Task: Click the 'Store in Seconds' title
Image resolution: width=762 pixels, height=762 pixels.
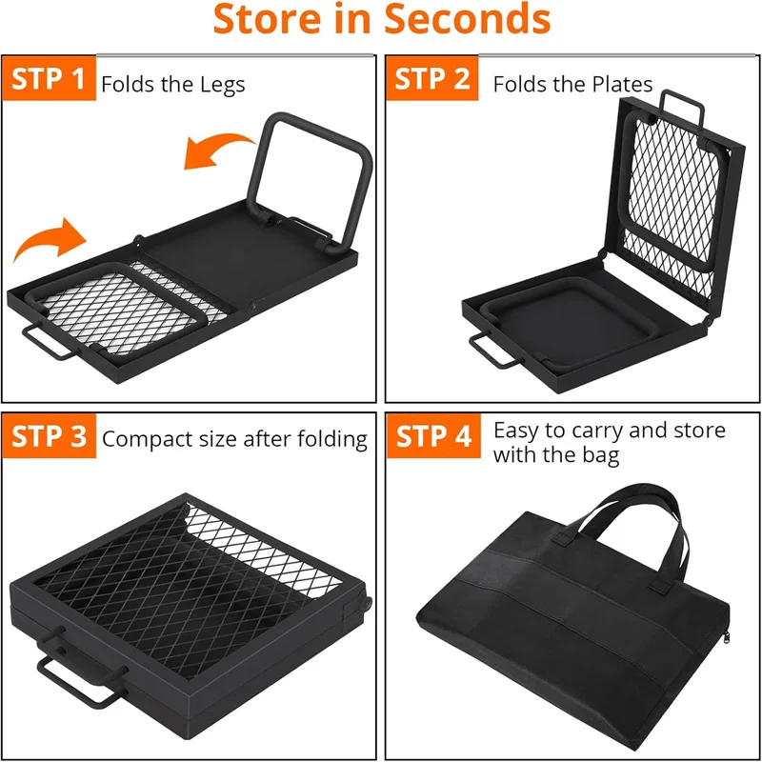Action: click(x=381, y=21)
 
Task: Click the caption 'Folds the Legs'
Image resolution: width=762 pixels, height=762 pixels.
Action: click(x=173, y=84)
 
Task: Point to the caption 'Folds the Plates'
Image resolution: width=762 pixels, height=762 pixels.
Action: click(x=572, y=84)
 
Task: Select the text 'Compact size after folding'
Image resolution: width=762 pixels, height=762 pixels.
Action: click(x=234, y=439)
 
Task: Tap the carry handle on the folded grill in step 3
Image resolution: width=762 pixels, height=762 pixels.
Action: click(x=81, y=678)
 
